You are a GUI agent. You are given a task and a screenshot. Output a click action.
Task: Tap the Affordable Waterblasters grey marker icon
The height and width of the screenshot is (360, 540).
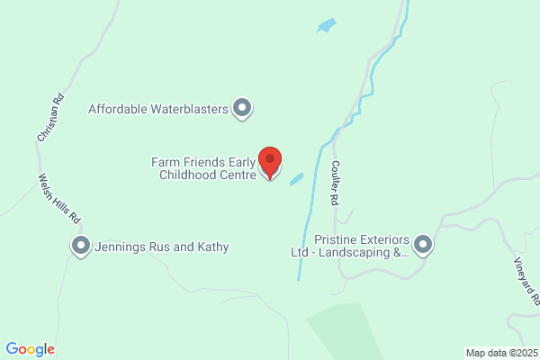pos(241,110)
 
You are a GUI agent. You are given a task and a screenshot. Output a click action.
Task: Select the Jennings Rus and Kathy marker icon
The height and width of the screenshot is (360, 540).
pos(81,246)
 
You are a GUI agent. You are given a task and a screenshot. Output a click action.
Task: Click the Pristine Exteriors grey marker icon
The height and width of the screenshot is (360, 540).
pos(423,245)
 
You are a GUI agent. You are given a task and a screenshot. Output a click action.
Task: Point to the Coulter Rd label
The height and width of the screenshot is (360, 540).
pos(334,183)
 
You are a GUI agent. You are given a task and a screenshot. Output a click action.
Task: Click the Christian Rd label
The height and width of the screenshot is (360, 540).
pos(50,118)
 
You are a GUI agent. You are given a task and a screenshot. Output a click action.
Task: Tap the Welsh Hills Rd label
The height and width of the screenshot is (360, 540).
pos(59,199)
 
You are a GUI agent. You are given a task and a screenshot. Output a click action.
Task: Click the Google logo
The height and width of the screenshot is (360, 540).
pos(31,349)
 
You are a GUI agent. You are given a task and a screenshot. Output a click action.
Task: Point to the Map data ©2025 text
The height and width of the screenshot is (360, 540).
pos(501,352)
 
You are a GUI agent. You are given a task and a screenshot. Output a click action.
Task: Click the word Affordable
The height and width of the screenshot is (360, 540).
pos(117,110)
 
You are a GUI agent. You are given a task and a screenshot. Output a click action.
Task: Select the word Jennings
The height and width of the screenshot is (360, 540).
pos(122,247)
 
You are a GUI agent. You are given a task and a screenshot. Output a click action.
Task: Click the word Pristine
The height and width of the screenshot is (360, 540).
pos(337,240)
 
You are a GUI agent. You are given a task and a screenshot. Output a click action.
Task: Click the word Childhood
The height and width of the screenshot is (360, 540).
pos(188,175)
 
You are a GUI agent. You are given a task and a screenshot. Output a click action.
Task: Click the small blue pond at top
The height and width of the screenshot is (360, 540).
pos(326,25)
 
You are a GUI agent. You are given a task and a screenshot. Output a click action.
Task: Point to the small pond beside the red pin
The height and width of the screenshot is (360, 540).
pos(296,179)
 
